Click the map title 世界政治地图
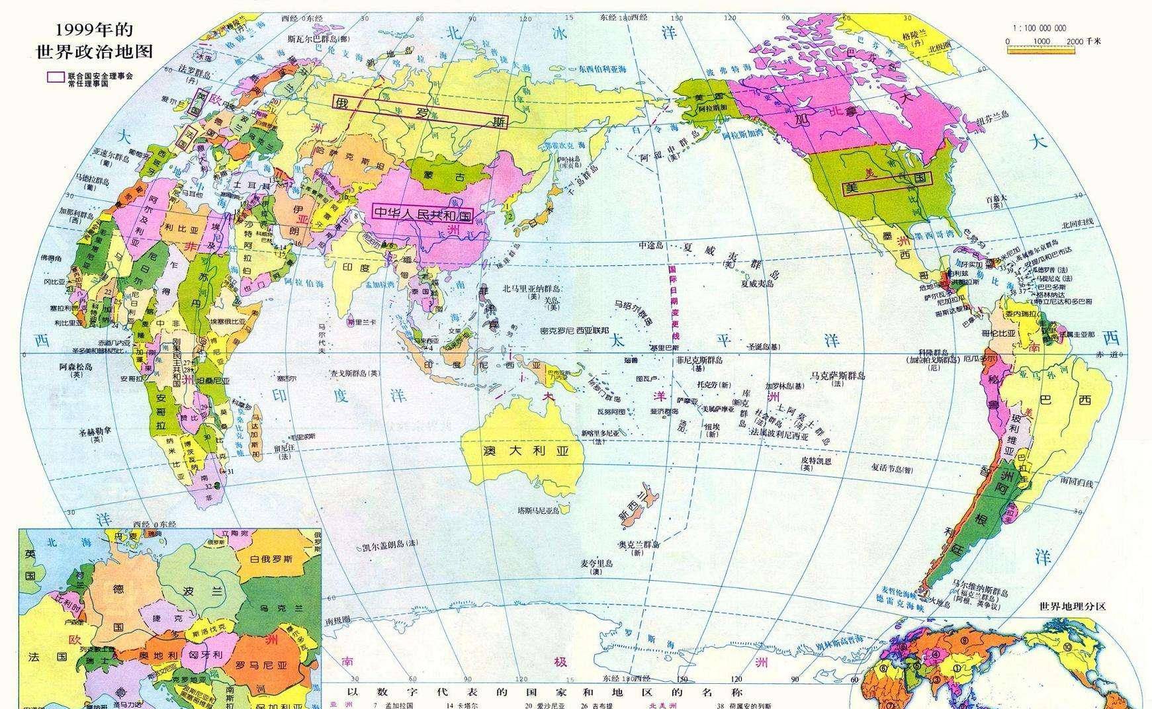[94, 51]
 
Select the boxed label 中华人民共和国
[423, 212]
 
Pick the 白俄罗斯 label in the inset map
[271, 559]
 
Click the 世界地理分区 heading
[1073, 606]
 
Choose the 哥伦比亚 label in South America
[998, 333]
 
